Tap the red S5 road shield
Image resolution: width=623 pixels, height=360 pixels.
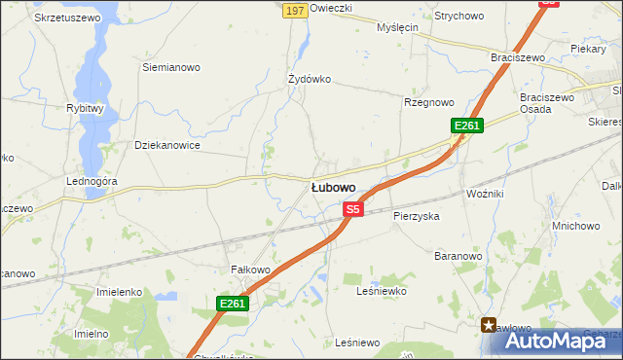tap(352, 209)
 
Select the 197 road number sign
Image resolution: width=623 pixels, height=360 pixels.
tap(296, 10)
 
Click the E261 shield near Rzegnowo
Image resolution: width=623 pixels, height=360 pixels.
tap(467, 126)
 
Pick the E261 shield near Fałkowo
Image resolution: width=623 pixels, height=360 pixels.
tap(233, 305)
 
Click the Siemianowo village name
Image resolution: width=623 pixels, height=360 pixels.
tap(171, 68)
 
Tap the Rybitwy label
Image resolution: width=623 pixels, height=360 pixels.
tap(85, 109)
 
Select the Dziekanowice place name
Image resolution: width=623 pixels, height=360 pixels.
tap(167, 146)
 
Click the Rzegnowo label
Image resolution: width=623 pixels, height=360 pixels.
tap(429, 102)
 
